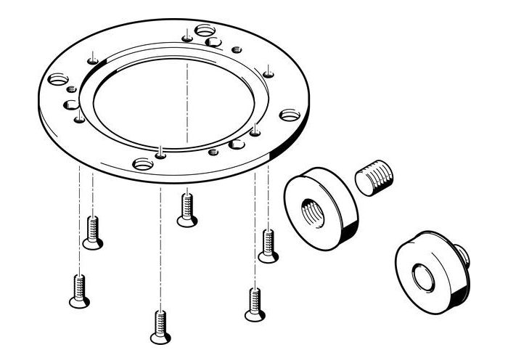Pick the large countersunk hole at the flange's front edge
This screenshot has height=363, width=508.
tap(142, 163)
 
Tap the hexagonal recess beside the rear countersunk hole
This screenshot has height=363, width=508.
tap(214, 42)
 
